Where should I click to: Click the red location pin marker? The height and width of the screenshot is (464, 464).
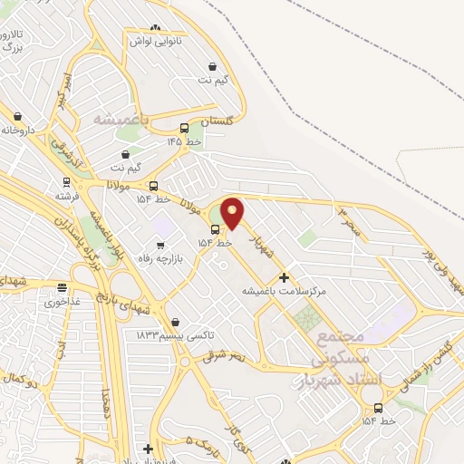click(233, 213)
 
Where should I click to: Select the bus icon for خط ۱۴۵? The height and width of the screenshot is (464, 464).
click(185, 128)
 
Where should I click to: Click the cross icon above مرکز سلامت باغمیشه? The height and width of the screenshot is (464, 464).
click(285, 277)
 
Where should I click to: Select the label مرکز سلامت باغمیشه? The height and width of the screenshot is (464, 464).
click(284, 292)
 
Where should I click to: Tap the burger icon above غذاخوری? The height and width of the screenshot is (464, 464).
click(62, 288)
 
